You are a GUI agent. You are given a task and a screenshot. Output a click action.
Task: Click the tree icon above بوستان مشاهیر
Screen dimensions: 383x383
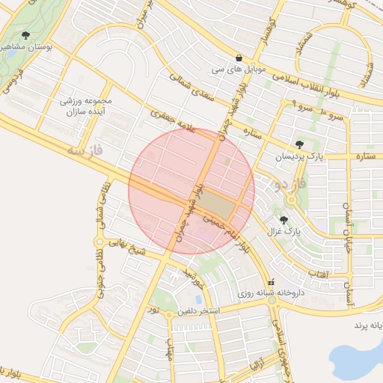pos(26,35)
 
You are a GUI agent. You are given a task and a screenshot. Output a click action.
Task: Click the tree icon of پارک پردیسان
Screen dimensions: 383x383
pos(300,144)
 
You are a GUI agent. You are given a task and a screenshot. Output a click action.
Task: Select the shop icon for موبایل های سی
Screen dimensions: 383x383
pos(239,58)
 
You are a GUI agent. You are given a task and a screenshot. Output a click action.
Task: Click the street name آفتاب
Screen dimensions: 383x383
pos(317,275)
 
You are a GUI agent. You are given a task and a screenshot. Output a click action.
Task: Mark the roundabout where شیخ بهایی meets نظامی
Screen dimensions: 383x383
pos(98,242)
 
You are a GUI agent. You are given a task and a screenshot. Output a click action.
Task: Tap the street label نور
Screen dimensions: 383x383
pos(153,309)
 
